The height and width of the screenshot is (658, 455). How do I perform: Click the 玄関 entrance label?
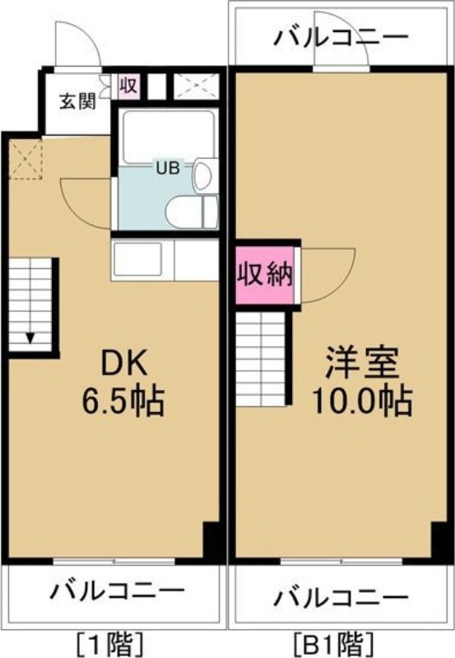[x=77, y=101]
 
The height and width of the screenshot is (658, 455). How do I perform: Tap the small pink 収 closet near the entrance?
[x=128, y=86]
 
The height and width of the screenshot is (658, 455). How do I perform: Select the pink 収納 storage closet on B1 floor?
[x=264, y=275]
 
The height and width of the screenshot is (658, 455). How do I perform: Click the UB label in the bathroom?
[x=168, y=168]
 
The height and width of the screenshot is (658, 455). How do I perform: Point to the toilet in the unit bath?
[x=192, y=212]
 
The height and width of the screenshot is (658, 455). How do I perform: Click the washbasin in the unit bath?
[x=205, y=174]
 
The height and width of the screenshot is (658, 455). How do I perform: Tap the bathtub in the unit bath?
[x=168, y=135]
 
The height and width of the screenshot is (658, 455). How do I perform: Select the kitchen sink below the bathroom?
[x=138, y=260]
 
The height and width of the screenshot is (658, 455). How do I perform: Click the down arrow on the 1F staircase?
[x=30, y=337]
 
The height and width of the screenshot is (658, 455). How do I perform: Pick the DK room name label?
[x=125, y=364]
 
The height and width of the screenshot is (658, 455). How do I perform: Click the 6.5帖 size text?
[x=123, y=401]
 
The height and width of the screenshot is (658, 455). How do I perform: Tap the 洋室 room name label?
[x=361, y=364]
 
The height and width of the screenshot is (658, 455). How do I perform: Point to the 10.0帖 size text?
[x=361, y=401]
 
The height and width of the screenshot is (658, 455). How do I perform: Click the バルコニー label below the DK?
[x=118, y=591]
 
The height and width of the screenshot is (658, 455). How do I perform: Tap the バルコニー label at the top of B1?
[x=341, y=38]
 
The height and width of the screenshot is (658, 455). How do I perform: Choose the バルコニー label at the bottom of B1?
[x=341, y=596]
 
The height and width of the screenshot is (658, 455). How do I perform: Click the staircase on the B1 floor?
[x=261, y=359]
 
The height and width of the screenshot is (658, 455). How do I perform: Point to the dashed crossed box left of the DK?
[x=26, y=160]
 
